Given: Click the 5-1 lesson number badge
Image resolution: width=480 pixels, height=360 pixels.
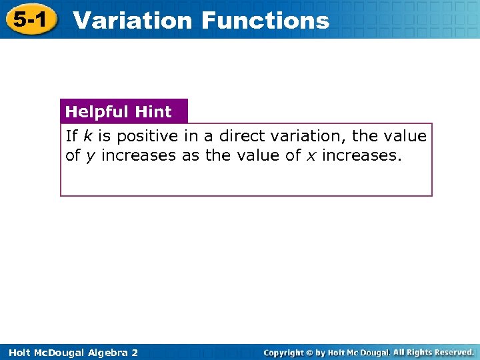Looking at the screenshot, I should tap(29, 20).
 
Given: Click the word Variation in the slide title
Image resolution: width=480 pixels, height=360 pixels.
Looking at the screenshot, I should tap(132, 21).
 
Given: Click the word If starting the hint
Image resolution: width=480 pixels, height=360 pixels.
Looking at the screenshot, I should tap(71, 136).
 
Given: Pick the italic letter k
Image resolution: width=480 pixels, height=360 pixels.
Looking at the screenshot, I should tap(87, 136).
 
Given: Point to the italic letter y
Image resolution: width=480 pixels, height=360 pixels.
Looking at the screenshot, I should tap(90, 157).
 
